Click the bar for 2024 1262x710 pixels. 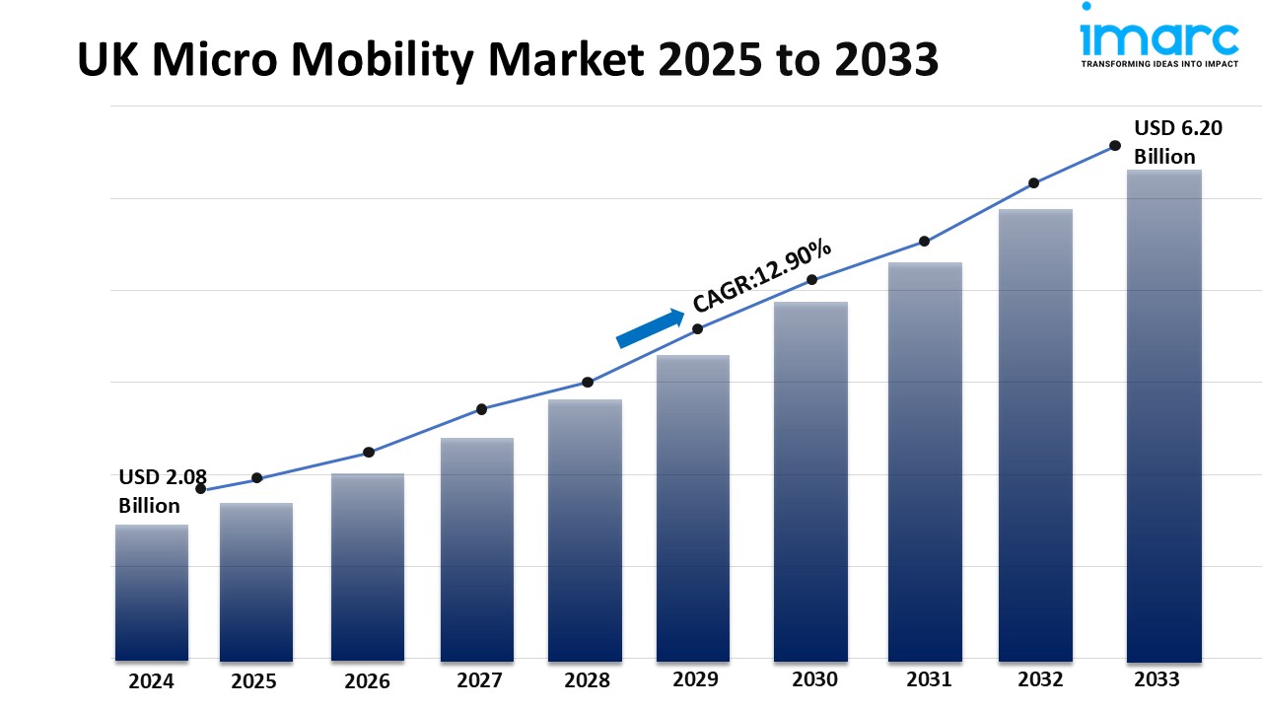152,592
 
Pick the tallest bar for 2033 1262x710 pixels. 1163,415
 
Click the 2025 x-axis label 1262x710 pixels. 254,681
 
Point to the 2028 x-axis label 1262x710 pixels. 587,680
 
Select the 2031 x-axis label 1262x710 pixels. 929,679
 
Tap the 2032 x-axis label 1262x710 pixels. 1040,679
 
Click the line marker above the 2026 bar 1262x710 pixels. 369,453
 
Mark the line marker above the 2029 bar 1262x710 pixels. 697,329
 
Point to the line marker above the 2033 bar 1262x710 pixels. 1115,145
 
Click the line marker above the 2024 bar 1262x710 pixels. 201,489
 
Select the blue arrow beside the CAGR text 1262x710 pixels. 650,328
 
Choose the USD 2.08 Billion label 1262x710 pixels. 163,491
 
